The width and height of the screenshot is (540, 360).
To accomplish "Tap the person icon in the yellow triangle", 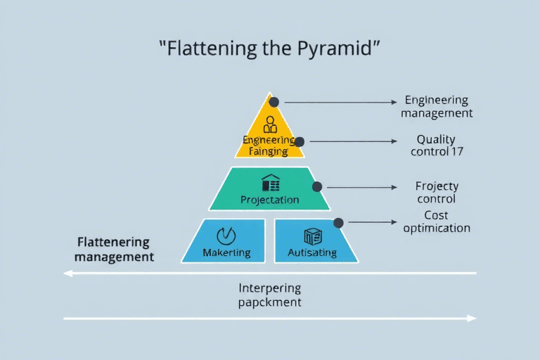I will [270, 125].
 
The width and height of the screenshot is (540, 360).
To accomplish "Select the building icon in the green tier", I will [270, 184].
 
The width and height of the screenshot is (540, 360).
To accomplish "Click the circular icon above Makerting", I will [227, 235].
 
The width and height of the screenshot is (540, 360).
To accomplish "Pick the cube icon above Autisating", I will [312, 236].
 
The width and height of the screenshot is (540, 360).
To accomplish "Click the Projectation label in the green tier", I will [269, 200].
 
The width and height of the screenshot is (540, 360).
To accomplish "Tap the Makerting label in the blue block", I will [226, 252].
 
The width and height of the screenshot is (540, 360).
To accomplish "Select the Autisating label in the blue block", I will [312, 252].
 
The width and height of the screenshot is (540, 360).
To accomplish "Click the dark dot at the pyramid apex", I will [274, 102].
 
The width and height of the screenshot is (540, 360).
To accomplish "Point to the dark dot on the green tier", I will [317, 187].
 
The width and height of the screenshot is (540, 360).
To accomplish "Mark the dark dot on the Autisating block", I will [338, 222].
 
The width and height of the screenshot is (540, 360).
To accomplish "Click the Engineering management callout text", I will [436, 106].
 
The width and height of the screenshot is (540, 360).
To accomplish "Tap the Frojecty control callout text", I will [437, 192].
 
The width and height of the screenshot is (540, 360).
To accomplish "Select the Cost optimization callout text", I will [437, 221].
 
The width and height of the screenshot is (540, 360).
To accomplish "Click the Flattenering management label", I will [114, 249].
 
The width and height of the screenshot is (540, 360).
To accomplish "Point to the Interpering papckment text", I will [269, 295].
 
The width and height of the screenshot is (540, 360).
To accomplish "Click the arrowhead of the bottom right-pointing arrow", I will [472, 319].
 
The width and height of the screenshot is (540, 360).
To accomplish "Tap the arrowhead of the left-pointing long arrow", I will [67, 274].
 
